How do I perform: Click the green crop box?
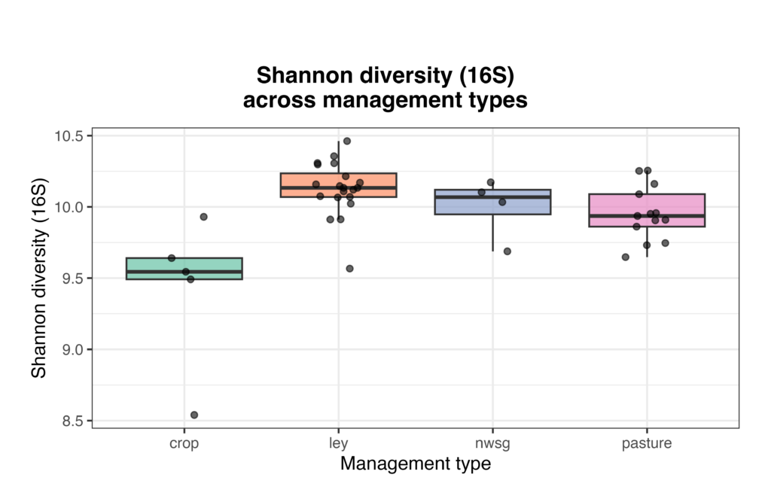[x=218, y=265]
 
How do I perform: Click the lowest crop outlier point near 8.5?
[x=194, y=415]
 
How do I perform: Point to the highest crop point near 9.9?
[x=203, y=217]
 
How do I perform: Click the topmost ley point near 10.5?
[x=347, y=141]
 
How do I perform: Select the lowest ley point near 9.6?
[x=349, y=269]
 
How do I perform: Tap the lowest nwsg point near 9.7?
[x=507, y=251]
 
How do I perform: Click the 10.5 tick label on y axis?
[x=69, y=136]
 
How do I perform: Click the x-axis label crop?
[x=184, y=444]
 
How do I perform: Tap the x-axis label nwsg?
[x=492, y=444]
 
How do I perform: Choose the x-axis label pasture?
[x=646, y=444]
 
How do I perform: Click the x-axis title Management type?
[x=415, y=464]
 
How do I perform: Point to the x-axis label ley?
[x=338, y=444]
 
